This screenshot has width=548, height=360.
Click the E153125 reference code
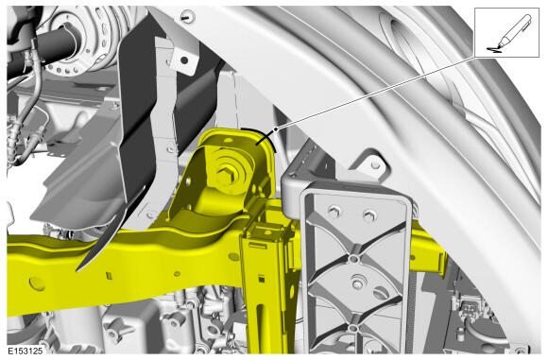(26, 351)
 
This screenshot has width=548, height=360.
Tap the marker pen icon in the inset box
(514, 31)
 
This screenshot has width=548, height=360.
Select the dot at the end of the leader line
(276, 129)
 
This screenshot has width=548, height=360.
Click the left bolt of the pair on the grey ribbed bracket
(334, 211)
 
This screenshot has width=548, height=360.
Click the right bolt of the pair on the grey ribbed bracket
(368, 215)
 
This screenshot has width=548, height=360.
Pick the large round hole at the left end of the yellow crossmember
(37, 283)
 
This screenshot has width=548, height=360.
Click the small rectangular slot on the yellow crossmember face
(110, 276)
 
